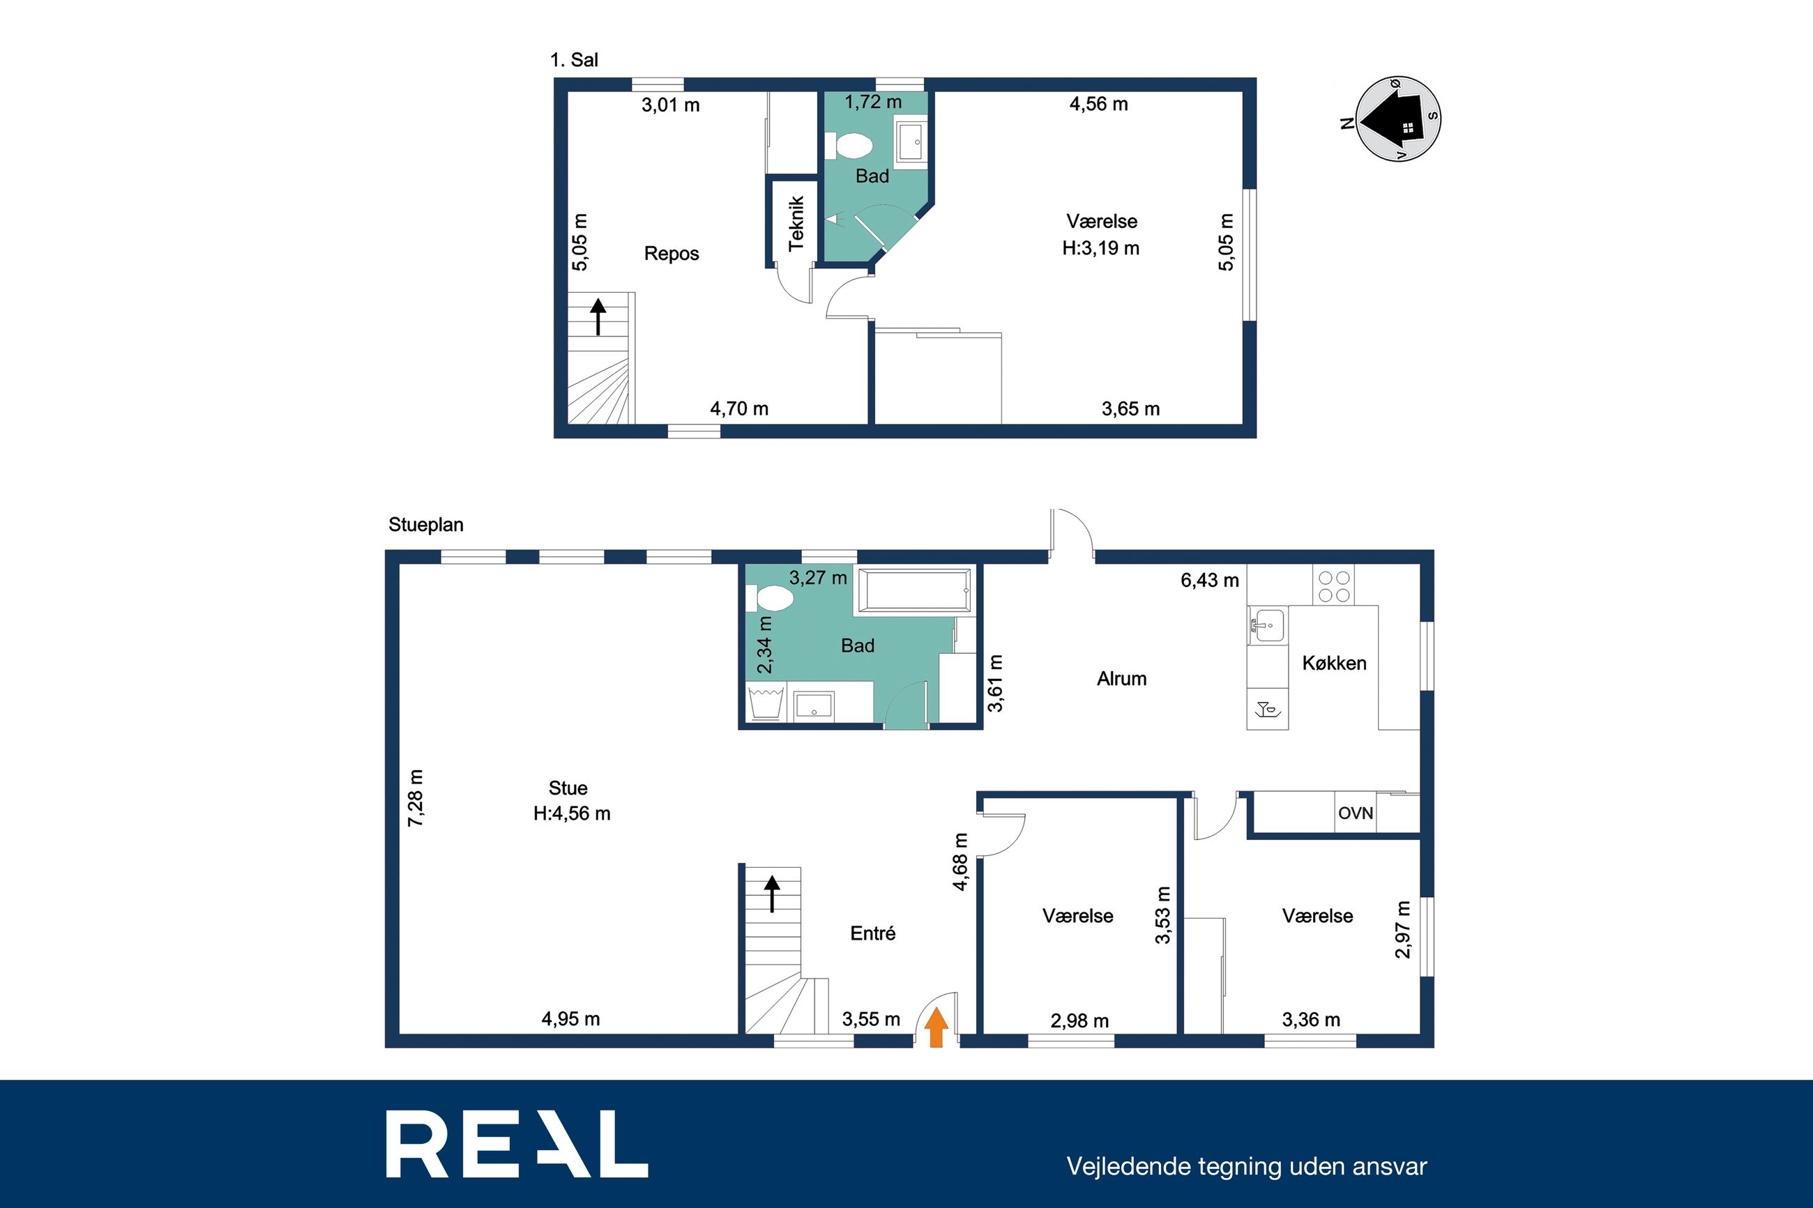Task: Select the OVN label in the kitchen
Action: pyautogui.click(x=1356, y=813)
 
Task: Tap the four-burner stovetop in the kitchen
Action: pyautogui.click(x=1334, y=586)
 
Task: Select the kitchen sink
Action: pyautogui.click(x=1268, y=624)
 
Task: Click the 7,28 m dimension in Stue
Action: pyautogui.click(x=416, y=798)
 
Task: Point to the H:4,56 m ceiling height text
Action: pyautogui.click(x=572, y=813)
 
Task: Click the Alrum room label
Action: pyautogui.click(x=1121, y=679)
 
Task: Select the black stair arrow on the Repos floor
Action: pyautogui.click(x=598, y=316)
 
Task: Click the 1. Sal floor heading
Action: pyautogui.click(x=574, y=60)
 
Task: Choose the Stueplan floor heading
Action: pyautogui.click(x=426, y=525)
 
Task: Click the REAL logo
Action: pyautogui.click(x=517, y=1143)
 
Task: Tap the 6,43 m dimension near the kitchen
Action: pyautogui.click(x=1210, y=580)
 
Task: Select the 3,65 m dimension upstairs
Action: pyautogui.click(x=1130, y=409)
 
